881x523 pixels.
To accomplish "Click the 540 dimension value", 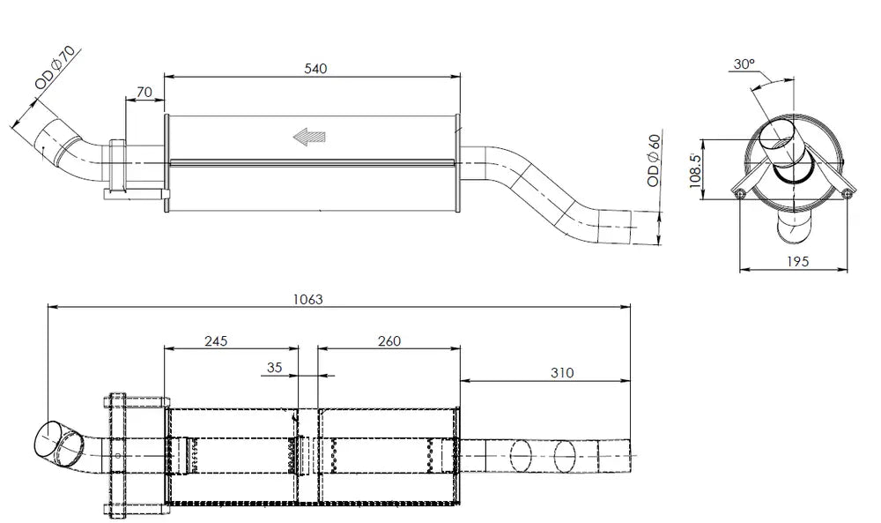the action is (315, 69).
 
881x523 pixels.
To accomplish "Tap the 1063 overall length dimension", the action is (307, 299).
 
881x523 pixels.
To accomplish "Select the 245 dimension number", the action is (216, 340).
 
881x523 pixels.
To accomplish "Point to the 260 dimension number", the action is (389, 340).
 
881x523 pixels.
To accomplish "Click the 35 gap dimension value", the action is (274, 367).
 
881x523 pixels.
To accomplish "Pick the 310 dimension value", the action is (562, 372).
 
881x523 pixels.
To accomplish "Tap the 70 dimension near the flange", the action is (144, 92).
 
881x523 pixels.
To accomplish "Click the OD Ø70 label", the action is (55, 68).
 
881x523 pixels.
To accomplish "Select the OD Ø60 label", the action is (654, 161).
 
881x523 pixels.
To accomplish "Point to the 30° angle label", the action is (744, 64).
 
